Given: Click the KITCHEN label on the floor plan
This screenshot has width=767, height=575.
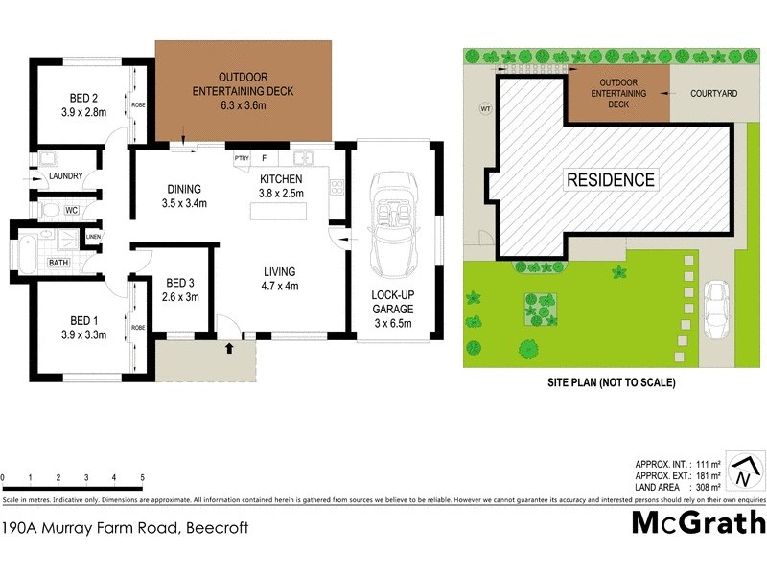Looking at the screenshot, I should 281,179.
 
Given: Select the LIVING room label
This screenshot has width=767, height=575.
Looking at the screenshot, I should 280,271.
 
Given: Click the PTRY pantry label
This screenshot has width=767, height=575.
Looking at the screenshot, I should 242,158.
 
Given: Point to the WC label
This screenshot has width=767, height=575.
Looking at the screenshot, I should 71,210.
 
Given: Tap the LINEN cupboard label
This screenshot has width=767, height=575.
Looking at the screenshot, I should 93,237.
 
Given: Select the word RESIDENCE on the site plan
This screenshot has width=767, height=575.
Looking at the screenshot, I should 611,179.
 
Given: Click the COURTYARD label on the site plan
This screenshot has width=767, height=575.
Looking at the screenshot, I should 712,94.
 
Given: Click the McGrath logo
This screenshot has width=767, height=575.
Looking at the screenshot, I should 699,522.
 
